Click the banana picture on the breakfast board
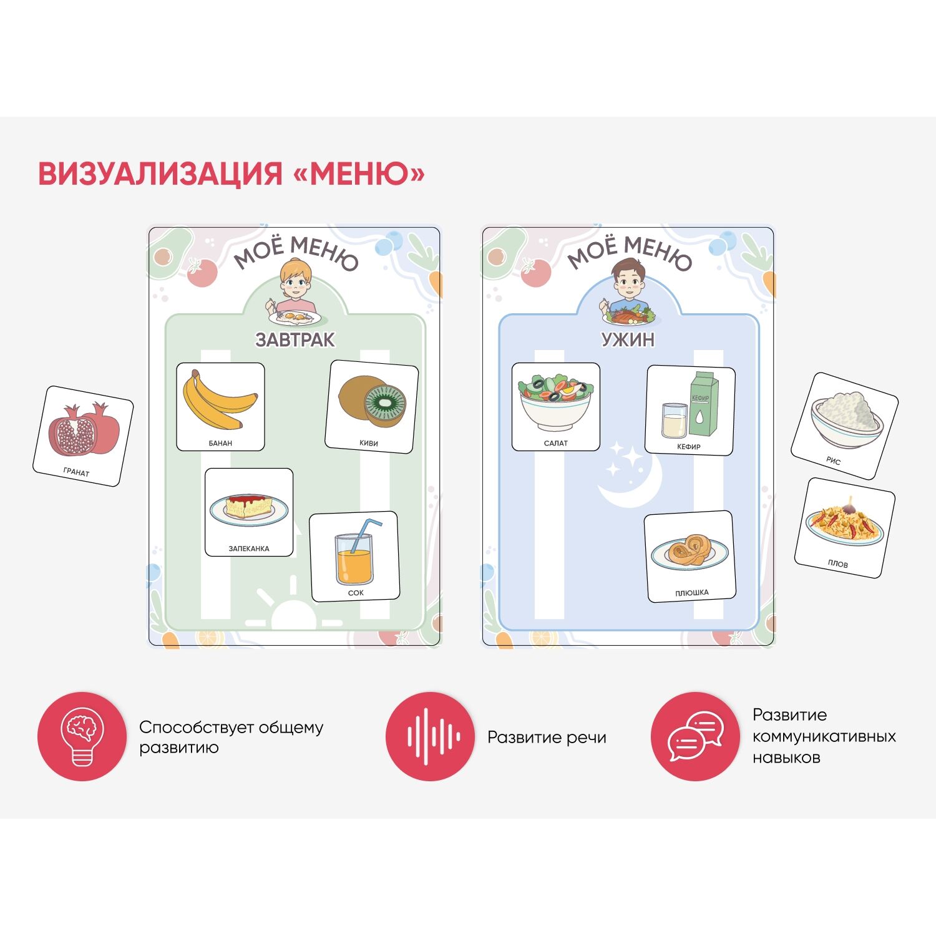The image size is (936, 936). point(220,401)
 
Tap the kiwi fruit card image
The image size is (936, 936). point(372,401)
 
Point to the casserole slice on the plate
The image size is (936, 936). point(249,508)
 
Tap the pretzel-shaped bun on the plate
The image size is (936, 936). point(690,552)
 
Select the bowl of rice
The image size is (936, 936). point(847,419)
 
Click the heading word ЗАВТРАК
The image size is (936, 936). point(295,339)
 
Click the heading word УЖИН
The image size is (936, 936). point(628,339)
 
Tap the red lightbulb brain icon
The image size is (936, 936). point(82,736)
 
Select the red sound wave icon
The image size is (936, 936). point(431,736)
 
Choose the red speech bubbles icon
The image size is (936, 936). point(696,736)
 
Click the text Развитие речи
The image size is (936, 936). point(547,738)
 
